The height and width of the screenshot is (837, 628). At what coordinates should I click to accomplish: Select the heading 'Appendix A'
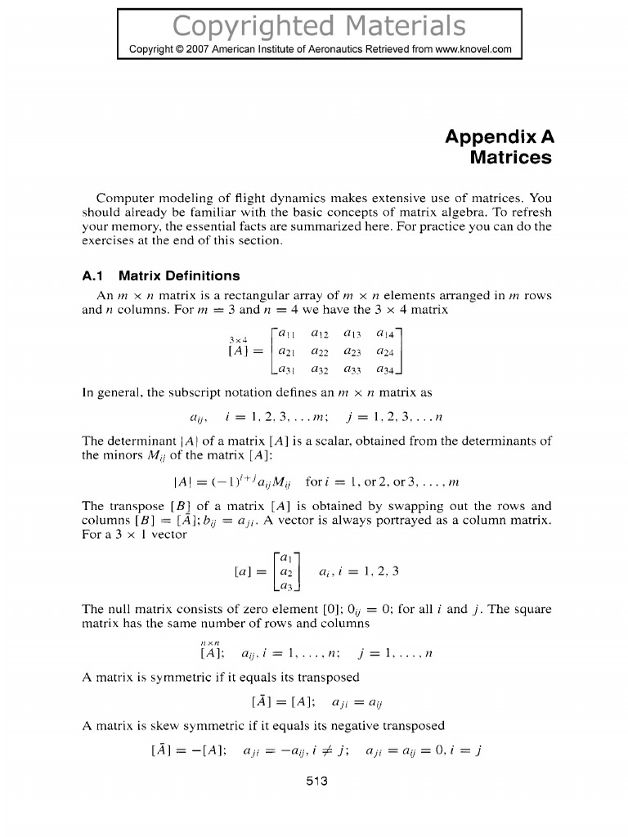499,137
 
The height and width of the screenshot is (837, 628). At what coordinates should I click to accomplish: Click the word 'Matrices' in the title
511,157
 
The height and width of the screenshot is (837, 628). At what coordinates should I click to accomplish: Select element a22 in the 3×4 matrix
321,352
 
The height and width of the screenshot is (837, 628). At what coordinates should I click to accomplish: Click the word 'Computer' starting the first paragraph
124,199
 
